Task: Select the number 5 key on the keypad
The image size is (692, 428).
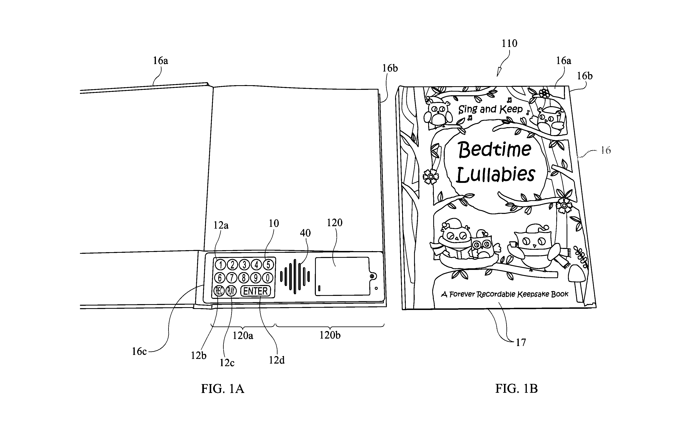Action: coord(268,264)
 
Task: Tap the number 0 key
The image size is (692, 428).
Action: coord(267,278)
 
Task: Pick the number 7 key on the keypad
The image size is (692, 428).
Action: coord(232,278)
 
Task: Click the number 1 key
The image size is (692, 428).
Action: coord(220,265)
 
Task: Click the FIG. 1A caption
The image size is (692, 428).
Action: coord(222,389)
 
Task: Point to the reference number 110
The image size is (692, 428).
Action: coord(509,43)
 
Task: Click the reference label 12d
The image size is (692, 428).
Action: coord(277,360)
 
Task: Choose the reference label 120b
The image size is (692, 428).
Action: coord(330,335)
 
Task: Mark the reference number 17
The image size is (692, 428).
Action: coord(521,343)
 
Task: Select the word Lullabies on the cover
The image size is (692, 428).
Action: coord(496,174)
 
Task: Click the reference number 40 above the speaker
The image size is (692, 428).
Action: coord(305,233)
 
